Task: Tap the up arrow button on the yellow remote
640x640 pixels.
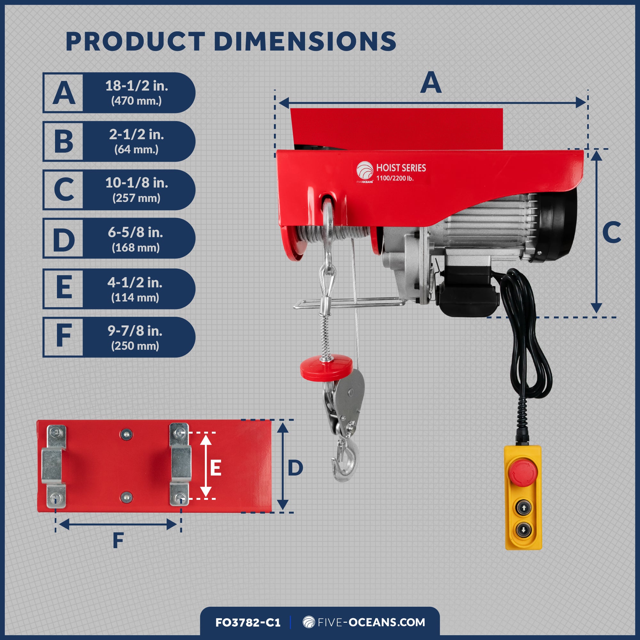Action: click(x=524, y=508)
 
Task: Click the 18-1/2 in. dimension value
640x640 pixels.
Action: click(x=137, y=86)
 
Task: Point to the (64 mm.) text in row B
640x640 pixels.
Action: click(x=137, y=149)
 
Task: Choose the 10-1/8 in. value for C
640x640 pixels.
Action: click(x=137, y=182)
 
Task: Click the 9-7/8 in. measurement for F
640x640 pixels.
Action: click(x=135, y=331)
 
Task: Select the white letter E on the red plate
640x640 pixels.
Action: click(x=216, y=468)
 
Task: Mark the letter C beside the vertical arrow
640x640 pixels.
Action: click(x=612, y=232)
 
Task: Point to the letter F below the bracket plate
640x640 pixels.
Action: click(x=118, y=540)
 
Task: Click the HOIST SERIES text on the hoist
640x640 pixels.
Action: click(x=401, y=168)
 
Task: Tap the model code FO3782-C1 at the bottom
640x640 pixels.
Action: click(x=248, y=622)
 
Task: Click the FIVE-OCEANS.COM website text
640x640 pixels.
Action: click(x=371, y=622)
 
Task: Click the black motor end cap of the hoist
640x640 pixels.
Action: click(x=560, y=225)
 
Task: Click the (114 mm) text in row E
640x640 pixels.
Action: click(x=135, y=298)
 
